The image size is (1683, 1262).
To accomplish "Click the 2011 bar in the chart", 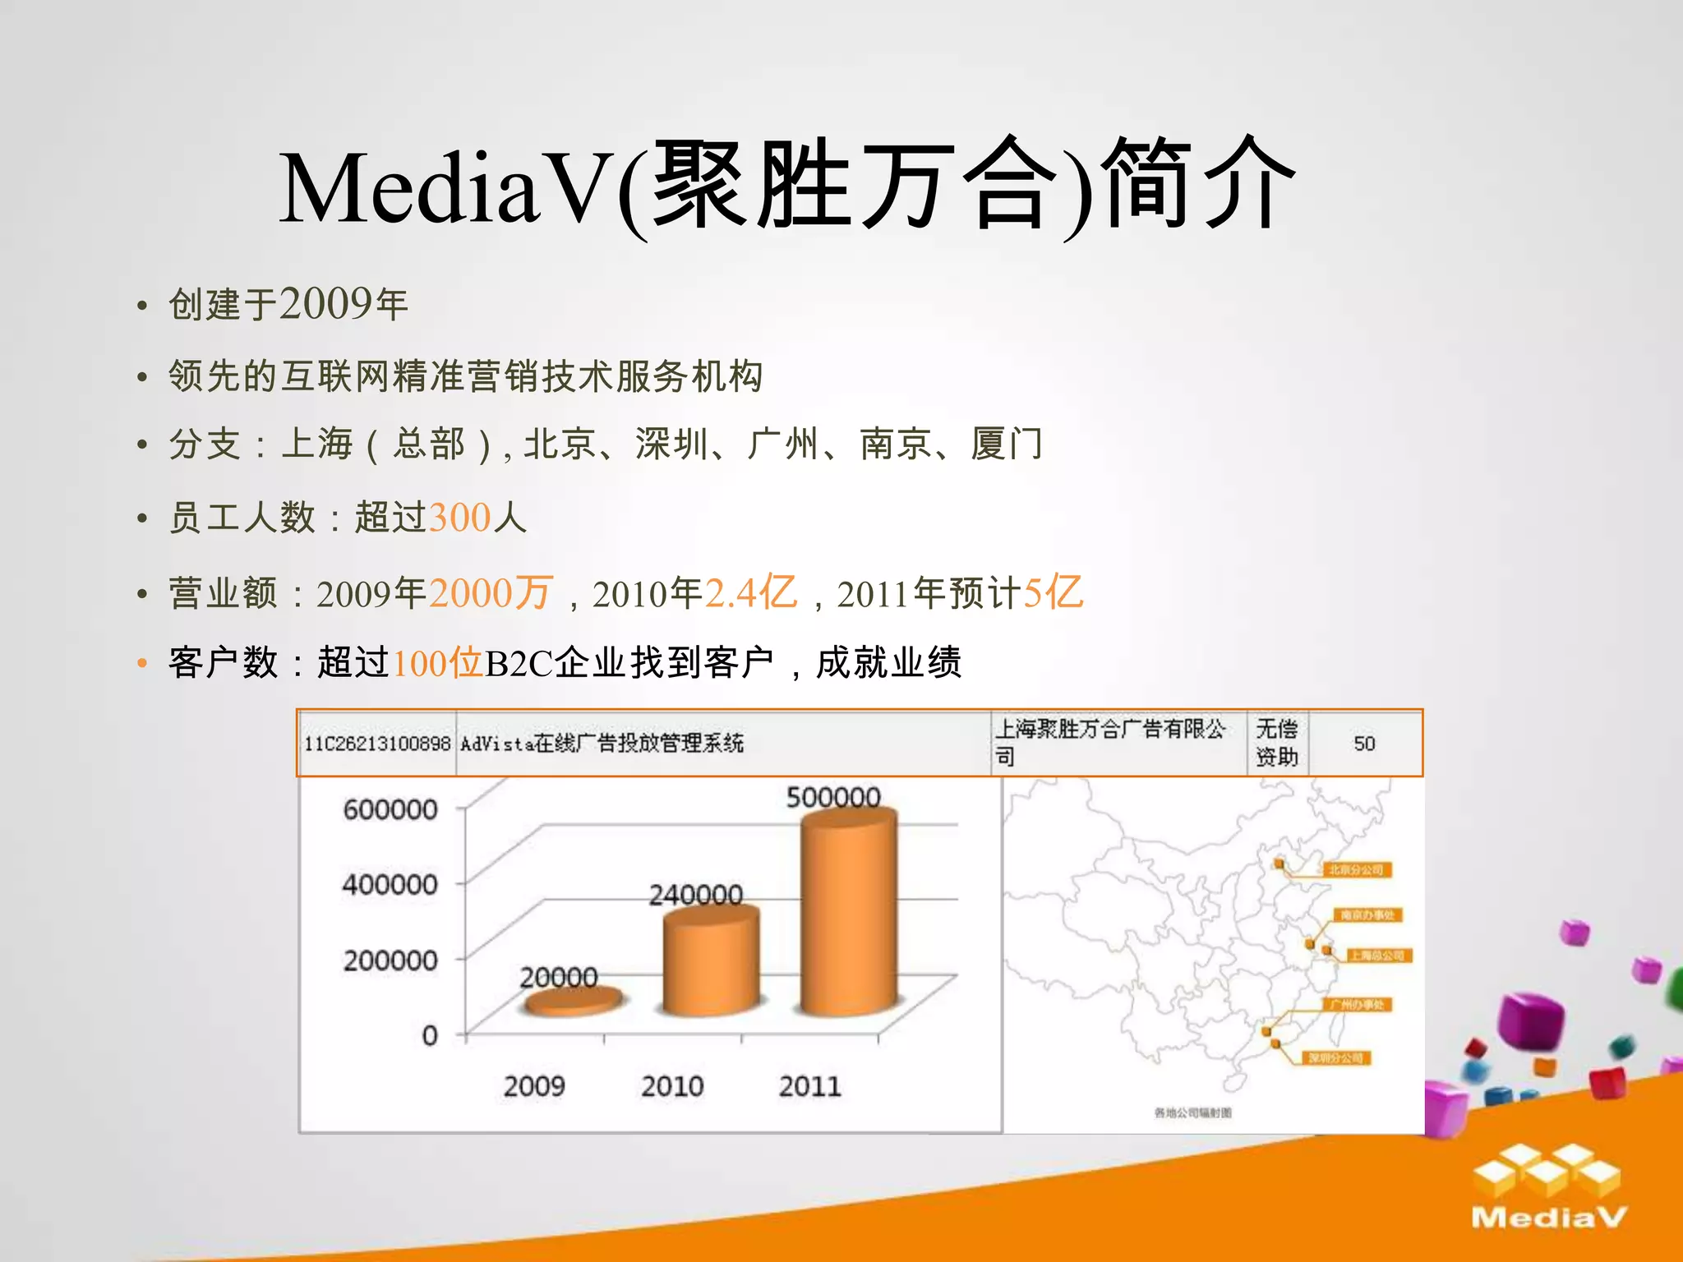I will (x=849, y=912).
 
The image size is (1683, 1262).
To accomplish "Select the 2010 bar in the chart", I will (x=711, y=961).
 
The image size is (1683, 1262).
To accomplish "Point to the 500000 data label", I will (x=833, y=797).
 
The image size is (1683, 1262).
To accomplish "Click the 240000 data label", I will (x=696, y=894).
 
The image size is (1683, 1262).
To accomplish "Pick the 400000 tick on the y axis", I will (x=390, y=885).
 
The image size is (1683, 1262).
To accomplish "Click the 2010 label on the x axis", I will (x=672, y=1086).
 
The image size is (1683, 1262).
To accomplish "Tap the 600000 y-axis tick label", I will (x=390, y=809).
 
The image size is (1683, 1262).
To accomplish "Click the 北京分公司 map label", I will (x=1357, y=869).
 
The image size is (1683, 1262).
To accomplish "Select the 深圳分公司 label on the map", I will (x=1335, y=1057).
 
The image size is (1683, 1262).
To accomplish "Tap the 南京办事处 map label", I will (x=1367, y=914).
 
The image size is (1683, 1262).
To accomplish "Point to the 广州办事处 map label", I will (x=1357, y=1004).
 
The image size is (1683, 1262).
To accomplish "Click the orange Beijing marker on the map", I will (x=1280, y=864).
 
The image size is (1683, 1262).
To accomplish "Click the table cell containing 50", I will (x=1364, y=744).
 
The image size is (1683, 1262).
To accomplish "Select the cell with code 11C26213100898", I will (x=377, y=744).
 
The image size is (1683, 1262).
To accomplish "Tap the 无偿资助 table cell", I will (x=1277, y=743).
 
